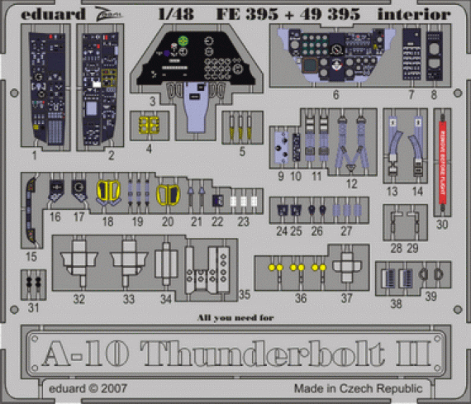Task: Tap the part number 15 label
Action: click(32, 258)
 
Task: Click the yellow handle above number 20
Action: click(168, 195)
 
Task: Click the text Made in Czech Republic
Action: click(357, 388)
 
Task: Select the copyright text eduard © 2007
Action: click(64, 388)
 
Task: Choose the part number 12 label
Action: click(353, 183)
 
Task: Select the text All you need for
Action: click(235, 316)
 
